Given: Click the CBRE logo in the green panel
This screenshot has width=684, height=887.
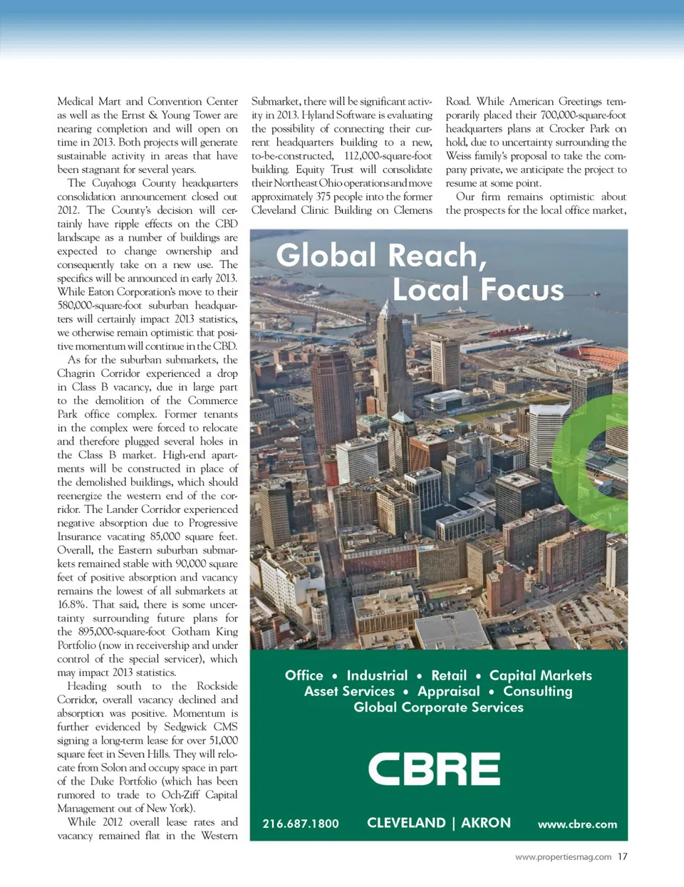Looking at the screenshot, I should pyautogui.click(x=434, y=769).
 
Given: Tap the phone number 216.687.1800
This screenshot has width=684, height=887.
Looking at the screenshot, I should pyautogui.click(x=301, y=824).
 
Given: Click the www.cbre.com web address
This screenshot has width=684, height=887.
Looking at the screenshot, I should pyautogui.click(x=577, y=824).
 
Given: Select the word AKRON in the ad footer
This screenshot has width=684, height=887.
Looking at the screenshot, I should pyautogui.click(x=486, y=823).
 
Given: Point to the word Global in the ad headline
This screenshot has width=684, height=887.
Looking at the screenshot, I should pyautogui.click(x=326, y=255).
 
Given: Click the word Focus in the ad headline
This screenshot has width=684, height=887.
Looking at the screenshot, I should pyautogui.click(x=522, y=289).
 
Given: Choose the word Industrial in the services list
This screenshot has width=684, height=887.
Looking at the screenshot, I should pyautogui.click(x=377, y=675).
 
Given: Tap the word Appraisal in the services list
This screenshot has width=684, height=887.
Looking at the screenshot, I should pyautogui.click(x=449, y=691).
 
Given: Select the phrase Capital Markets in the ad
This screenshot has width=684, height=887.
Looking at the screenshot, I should pyautogui.click(x=540, y=675).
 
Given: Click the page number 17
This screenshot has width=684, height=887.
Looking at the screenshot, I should pyautogui.click(x=623, y=856).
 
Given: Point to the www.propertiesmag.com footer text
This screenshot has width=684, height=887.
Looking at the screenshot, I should pyautogui.click(x=563, y=857).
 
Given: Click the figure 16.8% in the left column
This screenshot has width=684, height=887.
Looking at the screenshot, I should pyautogui.click(x=72, y=604).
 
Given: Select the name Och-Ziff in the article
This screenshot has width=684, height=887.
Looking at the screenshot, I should pyautogui.click(x=181, y=794).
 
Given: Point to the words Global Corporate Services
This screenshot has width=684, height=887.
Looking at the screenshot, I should pyautogui.click(x=438, y=707).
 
